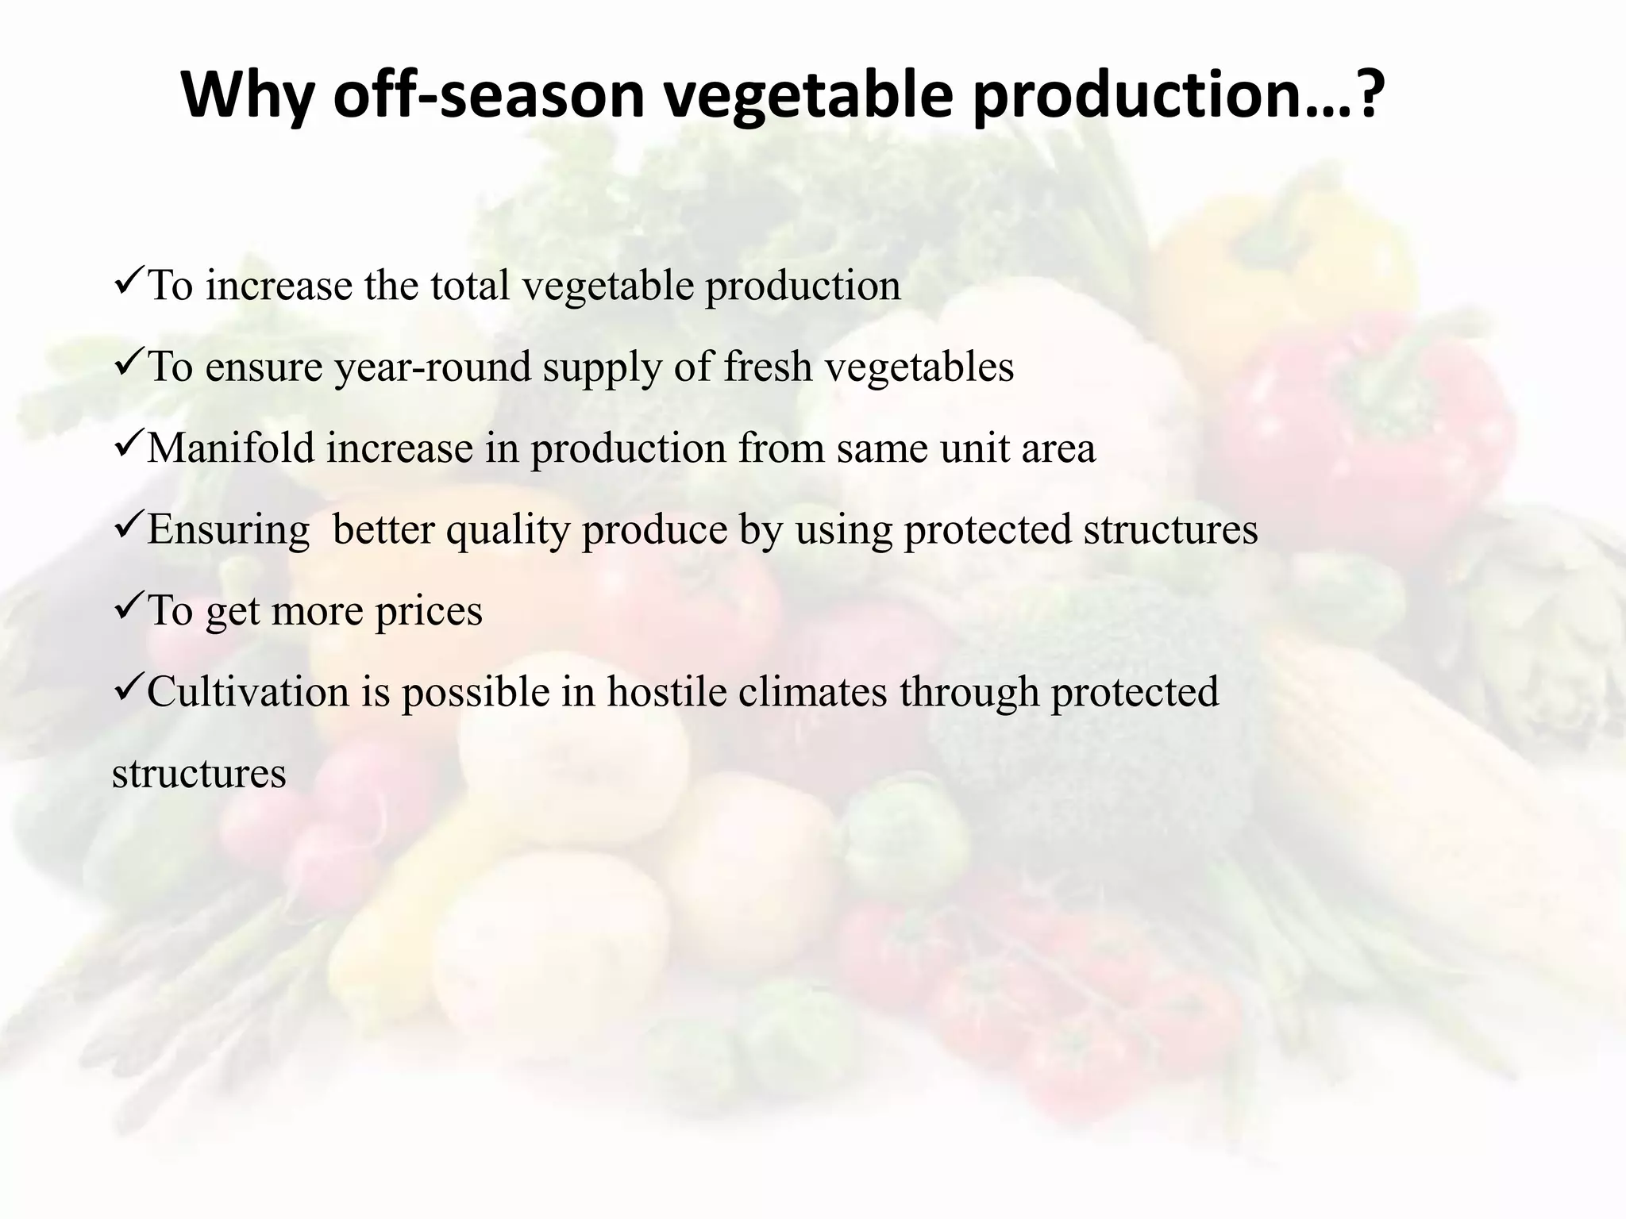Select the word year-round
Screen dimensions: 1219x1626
[433, 368]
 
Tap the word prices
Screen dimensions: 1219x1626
[429, 612]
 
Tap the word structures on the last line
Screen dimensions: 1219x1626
[198, 774]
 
